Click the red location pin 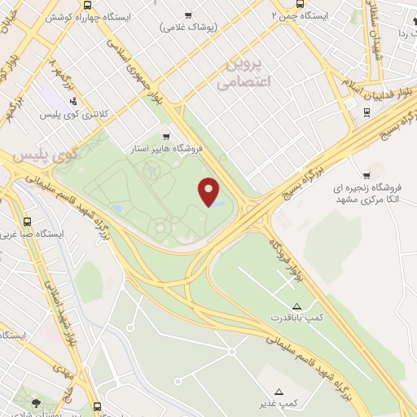click(x=209, y=191)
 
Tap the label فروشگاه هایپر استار click(x=166, y=150)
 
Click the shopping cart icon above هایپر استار click(x=167, y=137)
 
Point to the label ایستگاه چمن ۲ click(x=302, y=15)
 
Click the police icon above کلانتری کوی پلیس click(x=74, y=102)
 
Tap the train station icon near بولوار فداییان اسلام click(x=361, y=113)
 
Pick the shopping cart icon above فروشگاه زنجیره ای click(x=366, y=175)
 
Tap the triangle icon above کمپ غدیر click(x=280, y=392)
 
